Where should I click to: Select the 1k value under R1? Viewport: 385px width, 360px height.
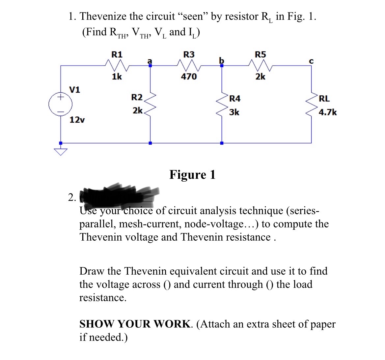click(x=117, y=77)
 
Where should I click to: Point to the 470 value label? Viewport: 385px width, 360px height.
click(x=189, y=77)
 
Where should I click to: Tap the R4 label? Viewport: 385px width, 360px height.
click(x=235, y=98)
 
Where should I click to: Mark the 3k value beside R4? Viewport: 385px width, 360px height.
click(x=234, y=112)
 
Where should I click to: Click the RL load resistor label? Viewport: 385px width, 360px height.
click(x=324, y=98)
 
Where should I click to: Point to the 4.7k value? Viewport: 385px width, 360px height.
click(x=328, y=112)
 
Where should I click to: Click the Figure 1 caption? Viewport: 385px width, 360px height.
click(x=192, y=174)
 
